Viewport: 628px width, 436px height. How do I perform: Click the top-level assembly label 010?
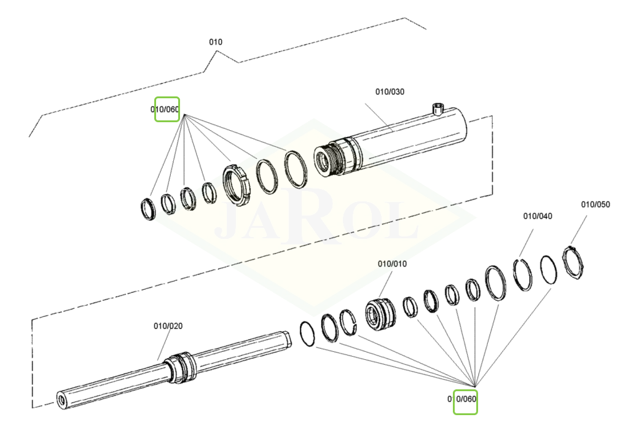coord(216,42)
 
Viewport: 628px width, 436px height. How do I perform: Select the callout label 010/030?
coord(390,92)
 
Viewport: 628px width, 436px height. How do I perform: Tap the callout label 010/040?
coord(537,216)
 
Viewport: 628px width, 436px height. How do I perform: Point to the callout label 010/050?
coord(595,204)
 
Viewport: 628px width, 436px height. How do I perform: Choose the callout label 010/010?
coord(392,264)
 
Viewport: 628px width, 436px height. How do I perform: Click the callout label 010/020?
coord(168,326)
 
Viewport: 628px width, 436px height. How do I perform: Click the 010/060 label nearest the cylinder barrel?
coord(165,110)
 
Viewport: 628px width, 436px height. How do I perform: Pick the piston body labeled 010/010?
coord(379,313)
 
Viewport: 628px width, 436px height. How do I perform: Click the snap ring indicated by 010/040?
coord(523,273)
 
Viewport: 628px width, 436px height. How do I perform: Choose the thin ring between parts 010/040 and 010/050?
coord(549,270)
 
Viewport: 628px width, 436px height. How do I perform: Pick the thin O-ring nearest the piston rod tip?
coord(307,334)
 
